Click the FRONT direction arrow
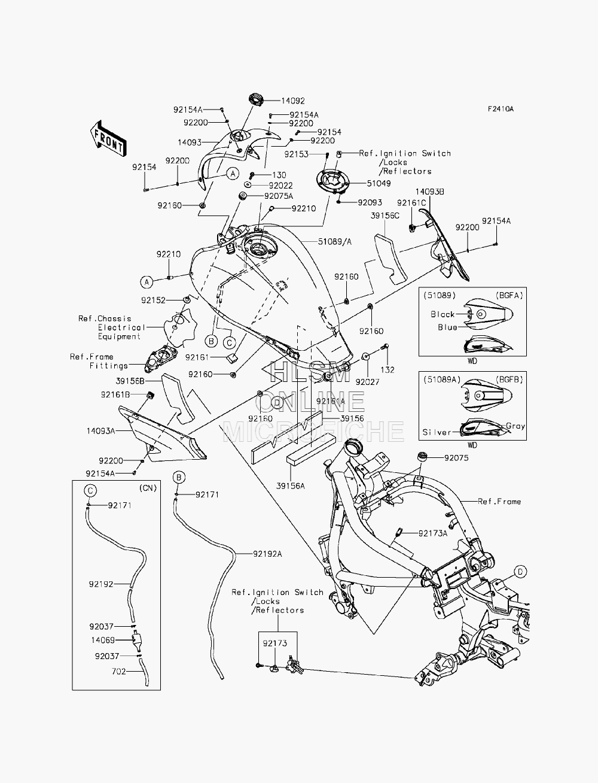click(x=108, y=139)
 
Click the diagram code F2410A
click(x=501, y=109)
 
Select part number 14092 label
click(x=293, y=101)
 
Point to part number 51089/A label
click(x=335, y=242)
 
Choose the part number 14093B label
click(x=430, y=192)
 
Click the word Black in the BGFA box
click(x=443, y=314)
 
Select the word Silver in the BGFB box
click(x=437, y=432)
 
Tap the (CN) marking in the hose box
click(x=148, y=488)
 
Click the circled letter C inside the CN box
click(x=90, y=490)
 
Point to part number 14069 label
click(x=103, y=640)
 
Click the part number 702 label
click(x=118, y=672)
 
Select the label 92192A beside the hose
click(x=267, y=554)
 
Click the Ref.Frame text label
click(x=499, y=502)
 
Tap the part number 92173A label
click(x=432, y=533)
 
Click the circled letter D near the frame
click(x=520, y=572)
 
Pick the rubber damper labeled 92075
click(x=422, y=457)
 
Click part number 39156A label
click(x=291, y=486)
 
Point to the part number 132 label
click(x=388, y=370)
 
